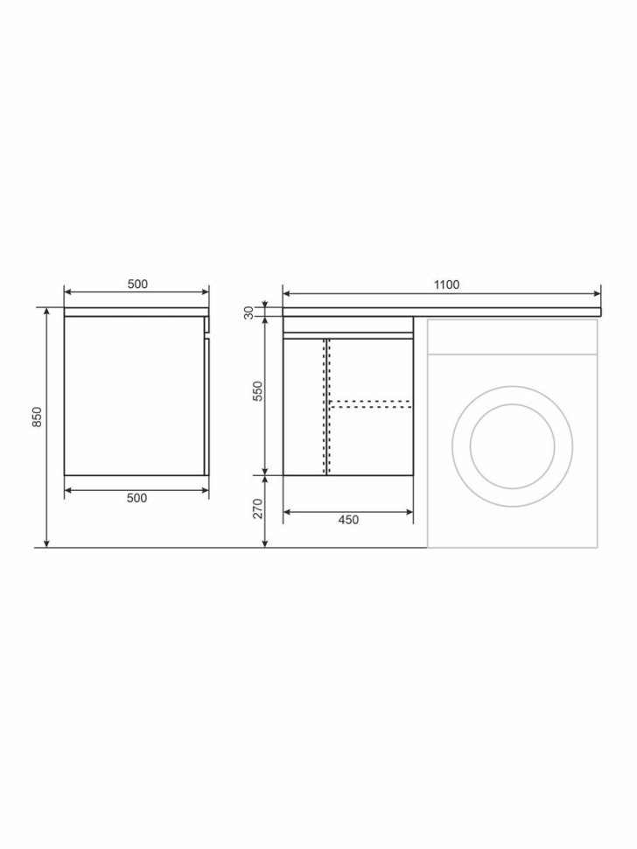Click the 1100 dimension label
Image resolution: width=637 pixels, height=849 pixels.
[446, 284]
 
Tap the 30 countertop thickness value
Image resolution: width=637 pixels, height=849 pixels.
[249, 312]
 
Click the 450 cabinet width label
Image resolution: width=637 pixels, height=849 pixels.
[348, 520]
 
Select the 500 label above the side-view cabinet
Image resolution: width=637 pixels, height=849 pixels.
[137, 284]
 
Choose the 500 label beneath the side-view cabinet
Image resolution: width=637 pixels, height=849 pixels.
[137, 498]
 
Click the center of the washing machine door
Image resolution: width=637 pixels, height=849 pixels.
[512, 446]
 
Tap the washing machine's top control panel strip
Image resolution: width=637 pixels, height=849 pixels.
[512, 337]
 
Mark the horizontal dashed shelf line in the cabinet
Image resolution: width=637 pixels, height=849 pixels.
[370, 403]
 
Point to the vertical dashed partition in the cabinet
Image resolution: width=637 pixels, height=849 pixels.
[326, 406]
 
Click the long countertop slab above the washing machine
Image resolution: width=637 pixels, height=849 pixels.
[442, 311]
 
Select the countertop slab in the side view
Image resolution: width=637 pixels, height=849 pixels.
[137, 311]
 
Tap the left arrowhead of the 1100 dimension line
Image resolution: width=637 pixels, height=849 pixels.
[286, 293]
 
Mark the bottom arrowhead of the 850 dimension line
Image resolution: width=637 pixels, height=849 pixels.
[46, 544]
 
